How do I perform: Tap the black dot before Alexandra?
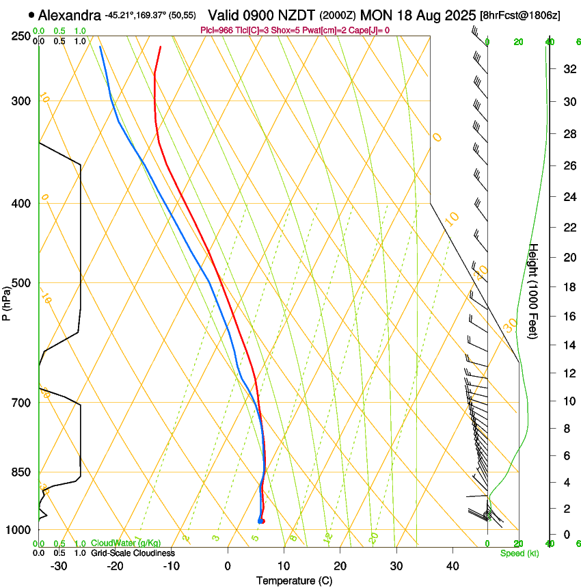[31, 14]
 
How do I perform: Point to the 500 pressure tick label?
[22, 283]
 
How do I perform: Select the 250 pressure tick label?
[22, 36]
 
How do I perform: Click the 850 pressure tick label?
[22, 472]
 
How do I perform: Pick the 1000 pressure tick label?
[19, 530]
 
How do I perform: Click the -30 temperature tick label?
[59, 566]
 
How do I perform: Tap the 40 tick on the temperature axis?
[452, 566]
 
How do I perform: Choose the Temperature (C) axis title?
[294, 580]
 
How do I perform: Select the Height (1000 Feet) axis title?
[534, 291]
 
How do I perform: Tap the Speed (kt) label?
[519, 553]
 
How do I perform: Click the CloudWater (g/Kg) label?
[126, 543]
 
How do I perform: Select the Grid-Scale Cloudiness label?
[133, 552]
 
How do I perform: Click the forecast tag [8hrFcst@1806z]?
[519, 15]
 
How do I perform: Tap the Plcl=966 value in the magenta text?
[217, 30]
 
